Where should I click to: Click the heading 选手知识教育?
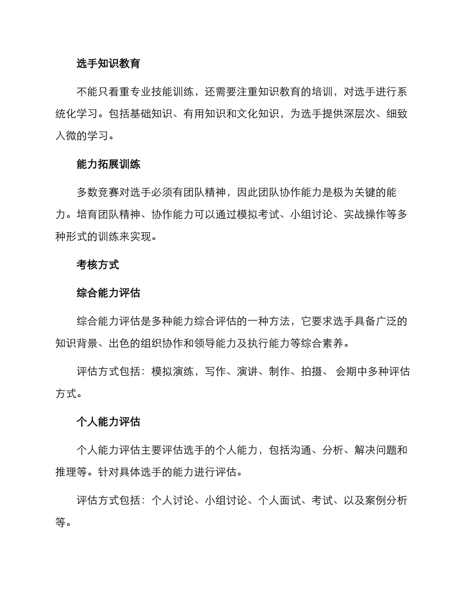coord(108,63)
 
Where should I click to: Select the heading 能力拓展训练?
coord(108,164)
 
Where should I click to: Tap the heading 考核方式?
coord(98,265)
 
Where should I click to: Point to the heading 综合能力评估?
coord(108,293)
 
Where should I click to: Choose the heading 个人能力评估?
coord(108,422)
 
